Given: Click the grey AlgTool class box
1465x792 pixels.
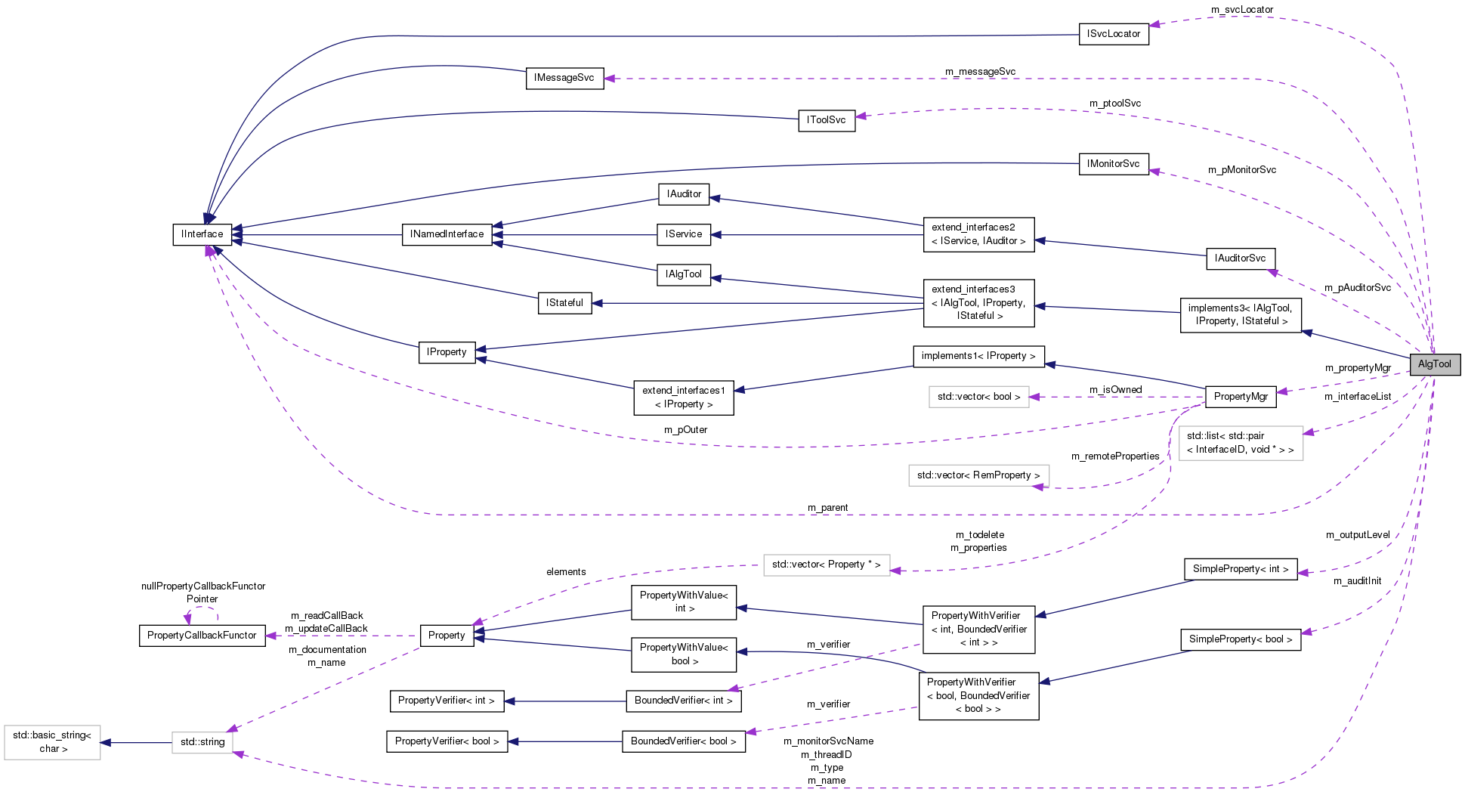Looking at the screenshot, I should point(1434,364).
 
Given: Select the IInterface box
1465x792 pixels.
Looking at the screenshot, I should point(202,234).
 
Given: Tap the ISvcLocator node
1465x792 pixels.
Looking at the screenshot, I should point(1113,34).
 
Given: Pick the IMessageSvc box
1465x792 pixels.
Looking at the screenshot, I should point(564,78).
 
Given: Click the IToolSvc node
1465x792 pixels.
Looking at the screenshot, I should point(826,120).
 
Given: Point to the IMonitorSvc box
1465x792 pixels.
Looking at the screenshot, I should point(1113,164).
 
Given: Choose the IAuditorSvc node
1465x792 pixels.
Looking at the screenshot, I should point(1240,258).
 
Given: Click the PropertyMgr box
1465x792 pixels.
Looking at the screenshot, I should point(1241,397).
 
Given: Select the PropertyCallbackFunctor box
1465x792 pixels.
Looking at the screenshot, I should point(202,636).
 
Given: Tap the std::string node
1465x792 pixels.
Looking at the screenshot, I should point(202,742).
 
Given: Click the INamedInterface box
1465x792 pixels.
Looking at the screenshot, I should point(447,234).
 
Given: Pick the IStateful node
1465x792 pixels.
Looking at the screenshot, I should point(564,303).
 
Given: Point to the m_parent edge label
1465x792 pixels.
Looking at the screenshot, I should point(827,508).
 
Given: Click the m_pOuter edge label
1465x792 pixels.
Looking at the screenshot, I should point(685,430).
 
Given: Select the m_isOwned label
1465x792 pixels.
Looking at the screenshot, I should point(1115,390).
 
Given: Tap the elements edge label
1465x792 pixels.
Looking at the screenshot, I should point(566,572).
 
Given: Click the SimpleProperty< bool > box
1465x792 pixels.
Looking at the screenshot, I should point(1240,639).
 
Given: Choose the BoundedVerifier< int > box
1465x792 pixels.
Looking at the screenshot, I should point(683,701).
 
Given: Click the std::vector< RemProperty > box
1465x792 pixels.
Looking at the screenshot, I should point(978,475).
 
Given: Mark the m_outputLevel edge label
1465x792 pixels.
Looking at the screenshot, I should point(1357,535).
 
